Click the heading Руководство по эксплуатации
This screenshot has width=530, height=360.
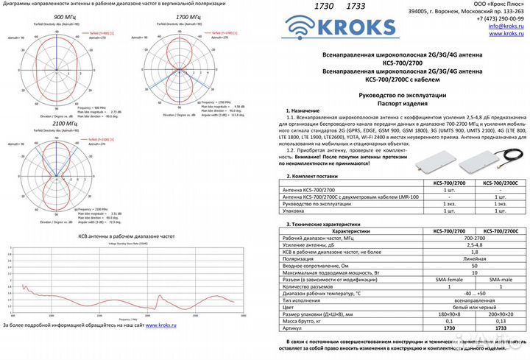[404, 96]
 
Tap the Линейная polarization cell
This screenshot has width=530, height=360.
[474, 258]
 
